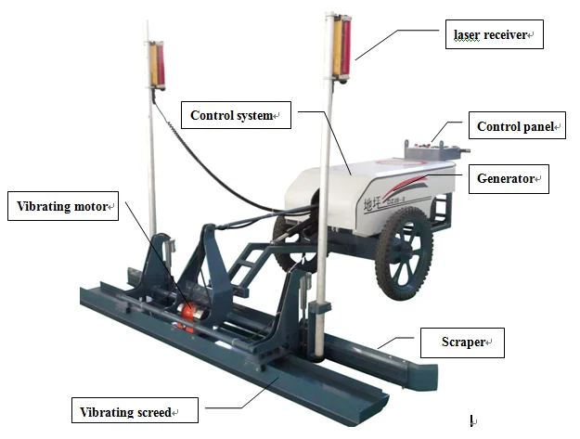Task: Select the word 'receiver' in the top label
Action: (507, 35)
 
